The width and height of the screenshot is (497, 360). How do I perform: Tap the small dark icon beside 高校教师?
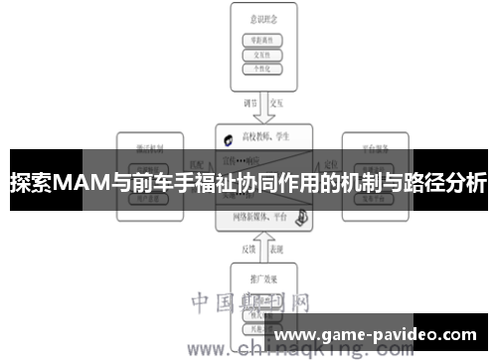(x=228, y=139)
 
